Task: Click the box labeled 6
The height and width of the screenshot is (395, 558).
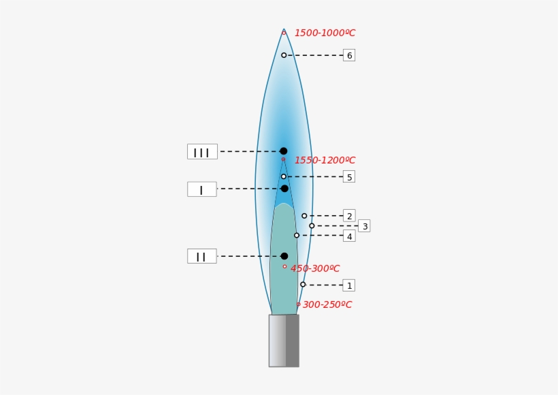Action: coord(349,55)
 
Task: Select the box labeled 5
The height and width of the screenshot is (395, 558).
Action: coord(349,176)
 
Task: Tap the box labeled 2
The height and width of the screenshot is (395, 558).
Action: coord(349,216)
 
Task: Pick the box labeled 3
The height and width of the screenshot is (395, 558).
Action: coord(364,226)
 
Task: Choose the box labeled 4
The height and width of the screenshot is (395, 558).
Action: coord(349,236)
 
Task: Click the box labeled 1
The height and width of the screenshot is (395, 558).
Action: coord(348,285)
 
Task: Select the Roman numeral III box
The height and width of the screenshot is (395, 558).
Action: coord(202,152)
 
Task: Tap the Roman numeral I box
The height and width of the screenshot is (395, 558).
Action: coord(202,189)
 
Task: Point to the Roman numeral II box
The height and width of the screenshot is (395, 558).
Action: coord(202,256)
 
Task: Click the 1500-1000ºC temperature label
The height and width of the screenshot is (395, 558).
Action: coord(325,33)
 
